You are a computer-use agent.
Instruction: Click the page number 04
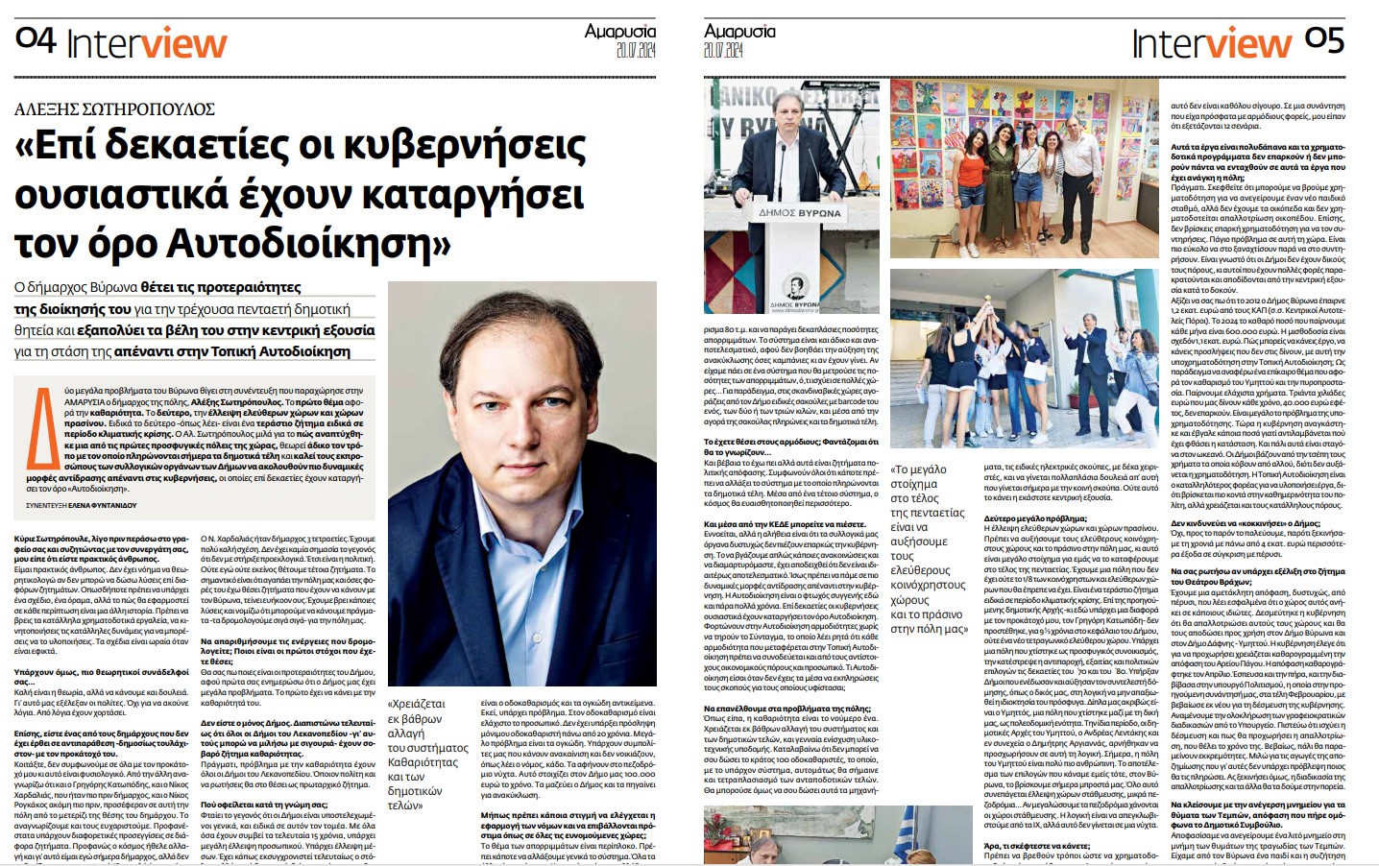(x=36, y=39)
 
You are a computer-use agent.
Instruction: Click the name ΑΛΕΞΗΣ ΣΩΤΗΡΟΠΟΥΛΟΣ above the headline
(x=114, y=109)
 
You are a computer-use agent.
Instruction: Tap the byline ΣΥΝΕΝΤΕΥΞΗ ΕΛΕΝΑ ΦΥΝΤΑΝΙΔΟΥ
(x=82, y=505)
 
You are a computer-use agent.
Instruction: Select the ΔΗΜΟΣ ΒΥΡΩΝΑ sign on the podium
(x=799, y=213)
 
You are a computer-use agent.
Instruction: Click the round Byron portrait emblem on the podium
(x=796, y=285)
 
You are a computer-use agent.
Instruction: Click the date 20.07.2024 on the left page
(x=636, y=50)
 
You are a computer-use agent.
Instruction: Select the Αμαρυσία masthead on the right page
(x=739, y=31)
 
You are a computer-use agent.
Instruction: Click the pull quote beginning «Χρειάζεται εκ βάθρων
(x=427, y=754)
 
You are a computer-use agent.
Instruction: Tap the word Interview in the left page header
(x=146, y=44)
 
